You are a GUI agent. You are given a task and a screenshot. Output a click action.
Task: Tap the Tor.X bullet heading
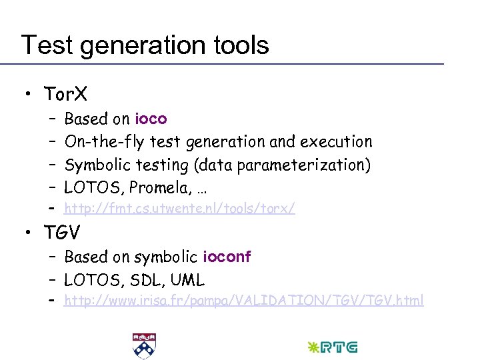point(65,94)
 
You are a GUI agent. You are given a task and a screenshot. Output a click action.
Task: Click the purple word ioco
point(151,119)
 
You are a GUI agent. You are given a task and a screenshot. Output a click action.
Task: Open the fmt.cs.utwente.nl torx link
point(179,209)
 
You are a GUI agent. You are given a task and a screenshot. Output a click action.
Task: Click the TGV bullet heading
point(63,233)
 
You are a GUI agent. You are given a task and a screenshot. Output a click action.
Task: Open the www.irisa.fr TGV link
point(243,301)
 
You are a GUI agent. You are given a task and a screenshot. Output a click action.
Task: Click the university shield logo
point(142,345)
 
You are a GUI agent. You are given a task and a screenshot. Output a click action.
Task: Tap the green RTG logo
point(332,347)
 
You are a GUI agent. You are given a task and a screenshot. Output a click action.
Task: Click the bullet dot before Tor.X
point(28,95)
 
